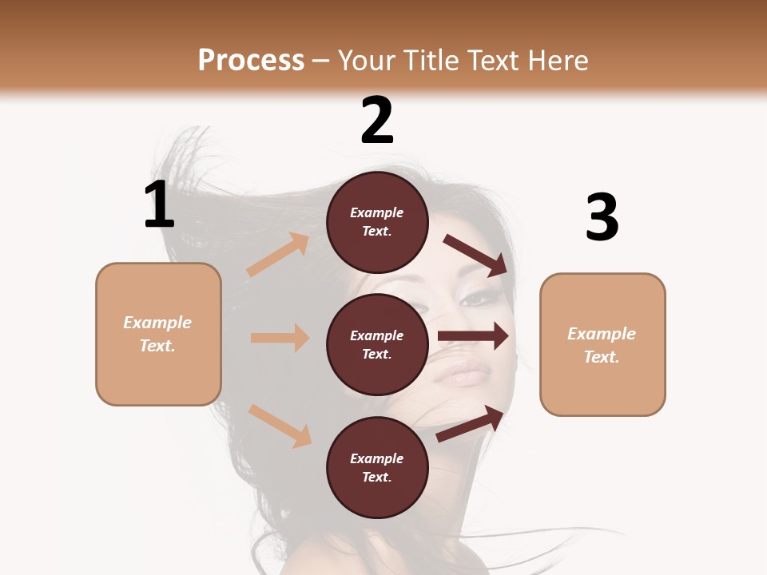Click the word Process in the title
pyautogui.click(x=251, y=60)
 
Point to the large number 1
pyautogui.click(x=159, y=205)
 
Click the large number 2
pyautogui.click(x=377, y=121)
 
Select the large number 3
pyautogui.click(x=602, y=217)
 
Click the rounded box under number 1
pyautogui.click(x=158, y=334)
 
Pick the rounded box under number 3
pyautogui.click(x=602, y=344)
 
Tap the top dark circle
pyautogui.click(x=377, y=222)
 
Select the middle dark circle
pyautogui.click(x=377, y=344)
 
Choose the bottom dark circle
pyautogui.click(x=377, y=467)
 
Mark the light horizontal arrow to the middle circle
pyautogui.click(x=280, y=338)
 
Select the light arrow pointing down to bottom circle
pyautogui.click(x=280, y=426)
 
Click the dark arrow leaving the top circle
pyautogui.click(x=475, y=255)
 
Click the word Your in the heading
pyautogui.click(x=367, y=60)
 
